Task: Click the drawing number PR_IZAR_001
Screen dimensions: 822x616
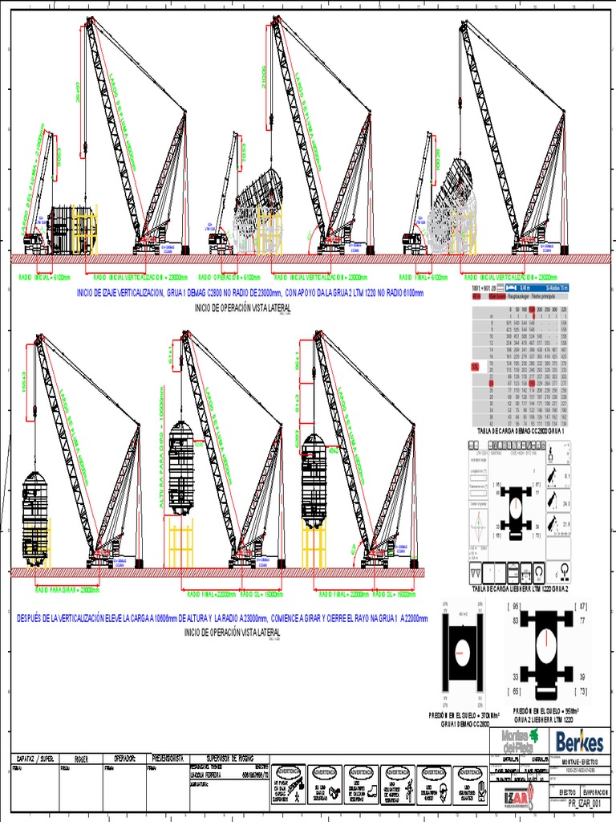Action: click(x=582, y=802)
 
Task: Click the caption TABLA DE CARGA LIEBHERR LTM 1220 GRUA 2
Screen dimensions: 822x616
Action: click(x=526, y=588)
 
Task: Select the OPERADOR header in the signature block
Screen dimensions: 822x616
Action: click(x=125, y=757)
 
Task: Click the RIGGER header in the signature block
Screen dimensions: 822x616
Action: click(x=81, y=757)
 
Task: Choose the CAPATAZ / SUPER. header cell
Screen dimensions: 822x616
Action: click(x=35, y=757)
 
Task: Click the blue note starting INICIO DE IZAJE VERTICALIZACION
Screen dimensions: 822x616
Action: click(x=249, y=294)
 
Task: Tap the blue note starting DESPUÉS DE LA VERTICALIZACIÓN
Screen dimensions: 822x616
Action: click(x=222, y=619)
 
